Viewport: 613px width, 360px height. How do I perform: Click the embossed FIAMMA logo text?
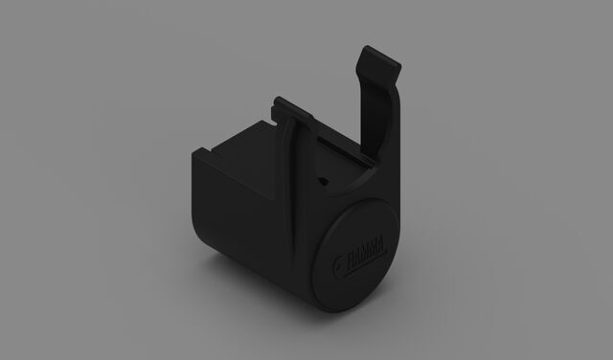click(365, 257)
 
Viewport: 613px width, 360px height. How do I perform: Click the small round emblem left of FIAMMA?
click(336, 266)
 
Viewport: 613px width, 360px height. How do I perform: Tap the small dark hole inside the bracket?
click(323, 181)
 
